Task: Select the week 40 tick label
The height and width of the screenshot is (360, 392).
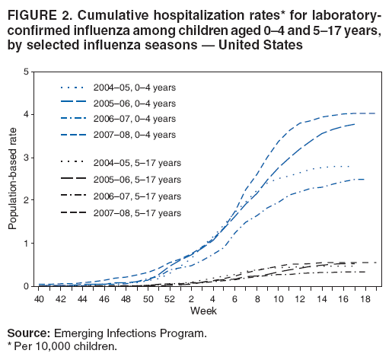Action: point(40,299)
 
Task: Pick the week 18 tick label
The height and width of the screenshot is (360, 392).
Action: point(367,299)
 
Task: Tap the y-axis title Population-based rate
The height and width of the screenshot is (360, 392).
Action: point(12,180)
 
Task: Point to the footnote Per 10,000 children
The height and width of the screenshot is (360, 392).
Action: point(65,346)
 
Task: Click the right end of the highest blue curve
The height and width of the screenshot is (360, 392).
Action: point(375,113)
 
